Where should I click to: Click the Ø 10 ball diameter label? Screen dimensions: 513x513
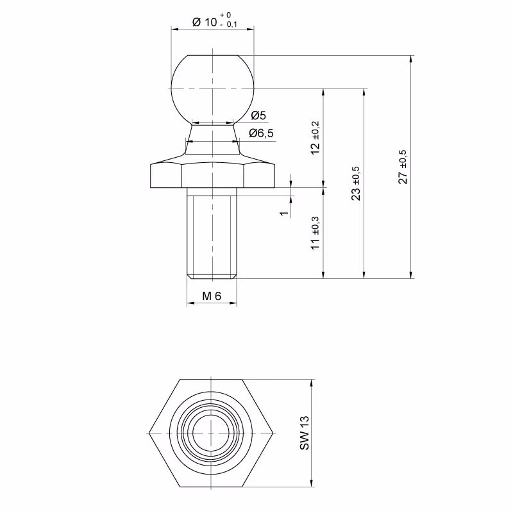pyautogui.click(x=205, y=22)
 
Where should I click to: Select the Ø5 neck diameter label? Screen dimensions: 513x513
pyautogui.click(x=258, y=115)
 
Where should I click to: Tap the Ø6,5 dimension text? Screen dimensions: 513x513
pyautogui.click(x=261, y=133)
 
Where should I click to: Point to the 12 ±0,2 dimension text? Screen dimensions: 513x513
pyautogui.click(x=315, y=138)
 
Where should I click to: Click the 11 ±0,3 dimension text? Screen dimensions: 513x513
pyautogui.click(x=315, y=233)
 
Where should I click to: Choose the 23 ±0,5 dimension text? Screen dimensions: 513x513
pyautogui.click(x=356, y=183)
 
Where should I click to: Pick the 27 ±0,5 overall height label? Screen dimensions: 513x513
pyautogui.click(x=403, y=167)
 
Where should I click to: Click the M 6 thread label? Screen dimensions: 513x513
pyautogui.click(x=212, y=296)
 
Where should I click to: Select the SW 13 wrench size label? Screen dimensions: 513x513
pyautogui.click(x=304, y=433)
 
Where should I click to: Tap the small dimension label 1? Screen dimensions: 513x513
pyautogui.click(x=284, y=214)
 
